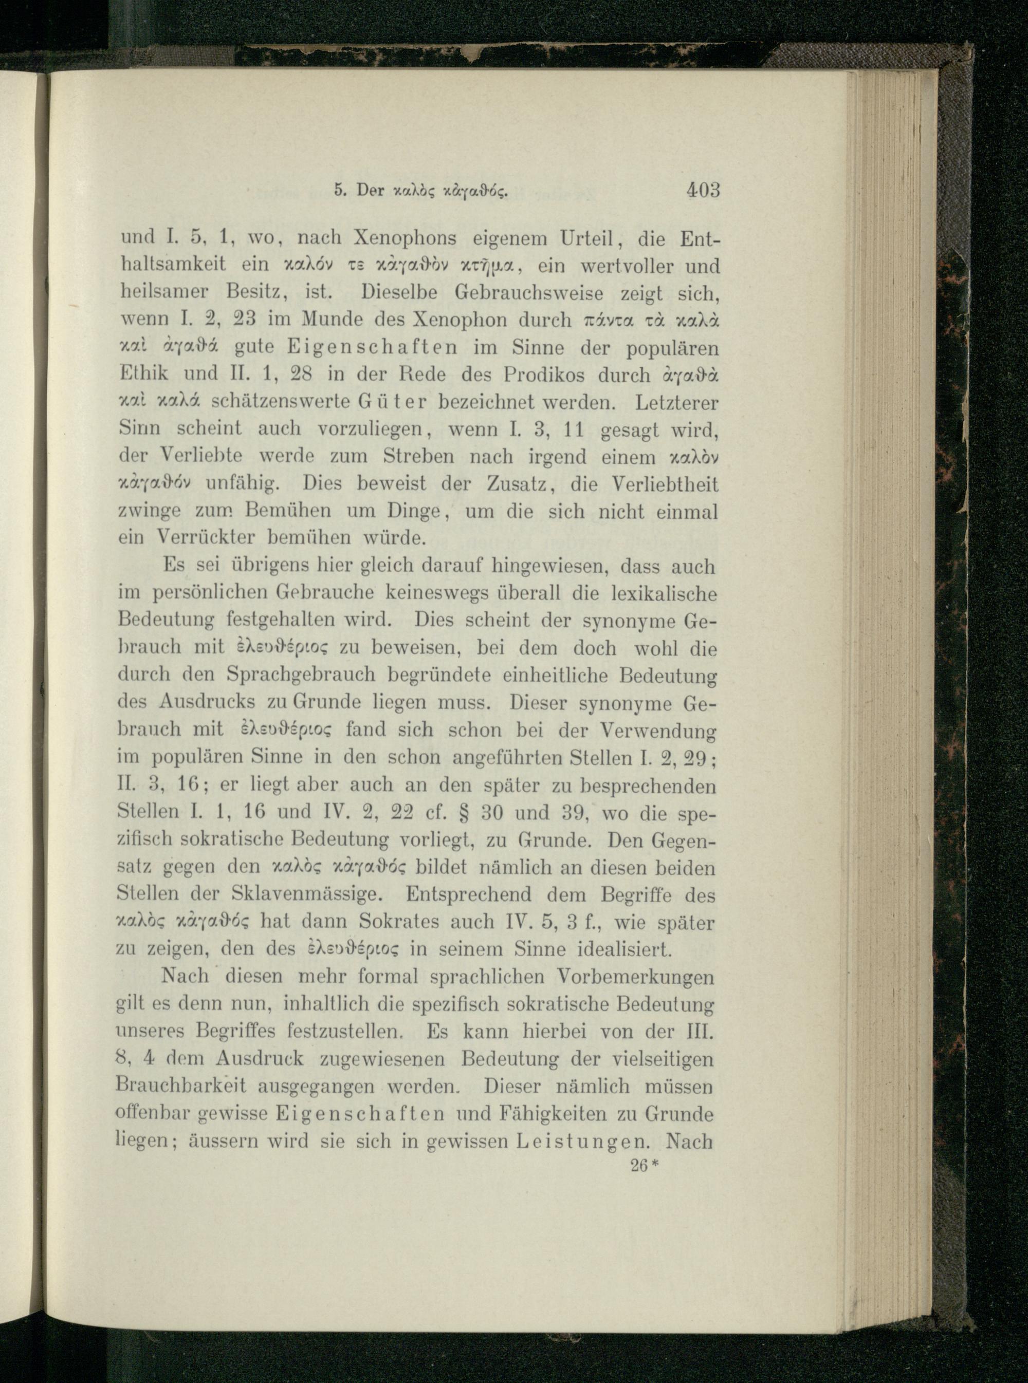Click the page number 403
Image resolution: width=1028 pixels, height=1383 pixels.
[x=703, y=190]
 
